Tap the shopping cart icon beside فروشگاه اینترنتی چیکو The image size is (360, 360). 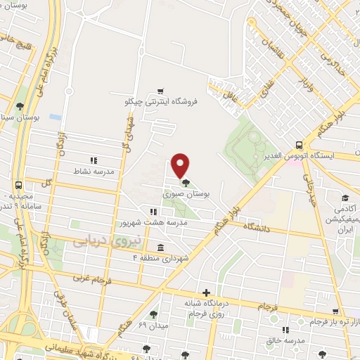[161, 91]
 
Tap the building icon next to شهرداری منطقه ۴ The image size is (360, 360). [162, 248]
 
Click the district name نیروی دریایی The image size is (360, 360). [107, 241]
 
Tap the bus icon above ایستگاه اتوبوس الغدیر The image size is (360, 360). [300, 143]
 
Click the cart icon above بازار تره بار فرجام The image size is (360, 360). [337, 311]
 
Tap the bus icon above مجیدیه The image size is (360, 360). [18, 186]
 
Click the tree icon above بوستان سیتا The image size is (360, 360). [19, 107]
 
